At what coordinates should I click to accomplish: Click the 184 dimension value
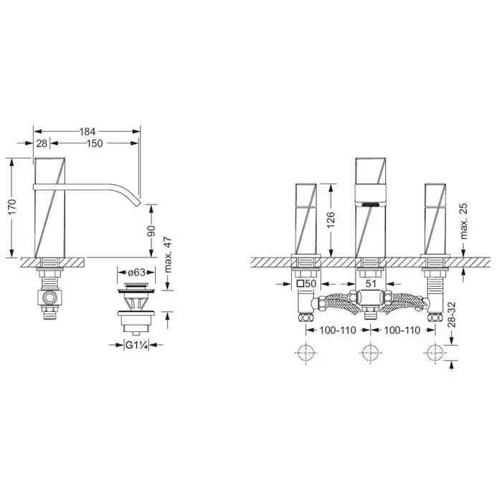(87, 131)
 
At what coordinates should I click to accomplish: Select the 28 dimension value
(42, 143)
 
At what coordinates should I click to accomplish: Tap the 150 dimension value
(95, 143)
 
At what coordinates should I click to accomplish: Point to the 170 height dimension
(12, 207)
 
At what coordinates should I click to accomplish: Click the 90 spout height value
(151, 231)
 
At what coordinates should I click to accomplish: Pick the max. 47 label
(168, 255)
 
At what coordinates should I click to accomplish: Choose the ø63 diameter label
(137, 273)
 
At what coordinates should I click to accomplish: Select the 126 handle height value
(331, 220)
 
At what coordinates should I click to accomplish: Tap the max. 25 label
(464, 221)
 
